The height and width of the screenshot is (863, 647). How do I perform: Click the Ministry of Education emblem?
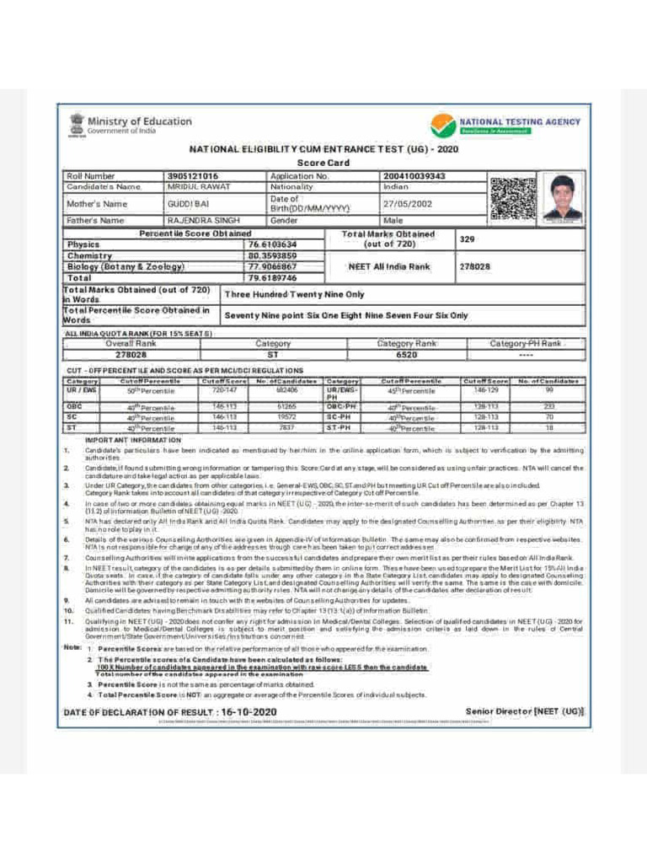tap(76, 125)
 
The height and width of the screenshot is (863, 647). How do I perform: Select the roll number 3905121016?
tap(193, 176)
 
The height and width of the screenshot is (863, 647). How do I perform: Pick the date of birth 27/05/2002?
tap(407, 204)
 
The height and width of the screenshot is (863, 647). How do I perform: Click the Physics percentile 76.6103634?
tap(272, 244)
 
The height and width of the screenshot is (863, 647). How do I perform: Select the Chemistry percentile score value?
tap(272, 255)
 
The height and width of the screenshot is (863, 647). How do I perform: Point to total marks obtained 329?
tap(468, 239)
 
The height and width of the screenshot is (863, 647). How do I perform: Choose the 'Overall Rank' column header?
tap(131, 344)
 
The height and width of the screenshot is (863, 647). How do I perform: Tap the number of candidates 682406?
tap(287, 390)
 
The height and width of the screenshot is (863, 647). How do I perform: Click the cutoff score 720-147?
tap(224, 390)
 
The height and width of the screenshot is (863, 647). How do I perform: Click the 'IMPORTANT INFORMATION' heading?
tap(133, 440)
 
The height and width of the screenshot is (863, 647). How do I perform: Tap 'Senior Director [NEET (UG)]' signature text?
tap(523, 711)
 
